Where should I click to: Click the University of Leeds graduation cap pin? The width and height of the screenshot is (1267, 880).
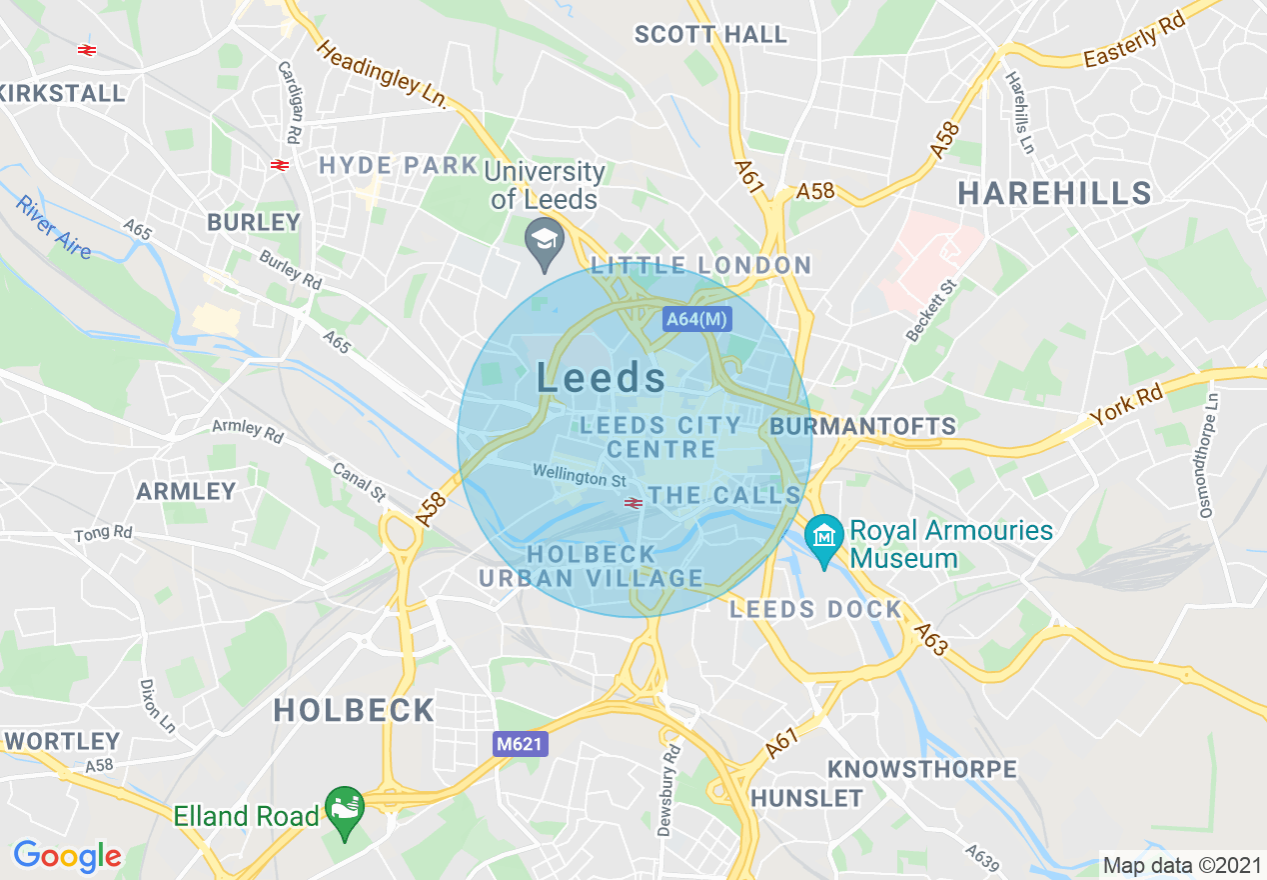point(545,240)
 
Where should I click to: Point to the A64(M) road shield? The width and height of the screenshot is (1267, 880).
point(697,320)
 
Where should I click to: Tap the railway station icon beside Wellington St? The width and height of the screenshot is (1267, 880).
point(632,503)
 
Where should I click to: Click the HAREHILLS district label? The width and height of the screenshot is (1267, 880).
point(1054,193)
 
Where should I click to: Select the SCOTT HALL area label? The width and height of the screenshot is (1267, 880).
point(711,35)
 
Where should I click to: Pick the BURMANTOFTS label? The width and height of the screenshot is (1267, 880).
point(863,427)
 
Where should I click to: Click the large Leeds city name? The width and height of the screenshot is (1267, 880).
point(602,378)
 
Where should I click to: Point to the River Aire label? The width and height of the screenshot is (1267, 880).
point(53,226)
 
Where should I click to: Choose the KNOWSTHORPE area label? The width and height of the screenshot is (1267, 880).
point(921,769)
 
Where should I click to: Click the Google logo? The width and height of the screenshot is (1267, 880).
point(67,856)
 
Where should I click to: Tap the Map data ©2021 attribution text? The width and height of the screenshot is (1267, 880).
point(1181,864)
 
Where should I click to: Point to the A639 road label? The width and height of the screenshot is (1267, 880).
point(983,856)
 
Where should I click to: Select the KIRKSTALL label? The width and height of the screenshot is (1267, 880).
point(62,93)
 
